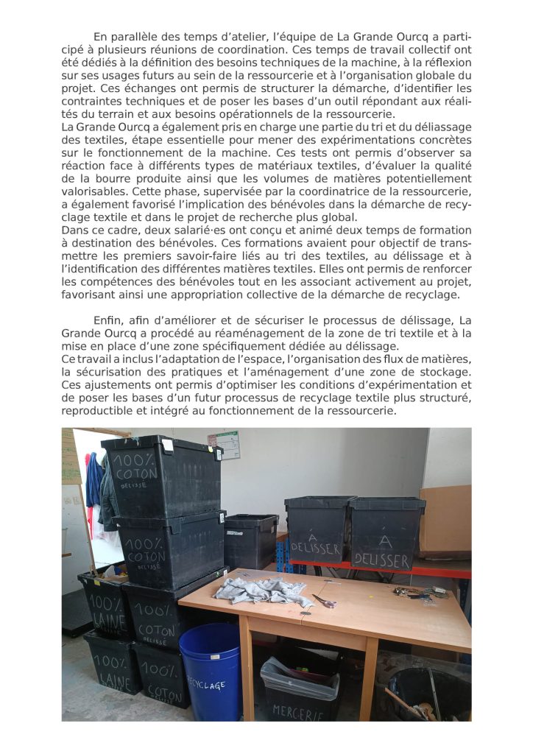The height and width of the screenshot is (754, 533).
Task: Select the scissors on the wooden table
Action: coord(324,601)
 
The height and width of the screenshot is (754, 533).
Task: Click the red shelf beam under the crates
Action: coord(383,568)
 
